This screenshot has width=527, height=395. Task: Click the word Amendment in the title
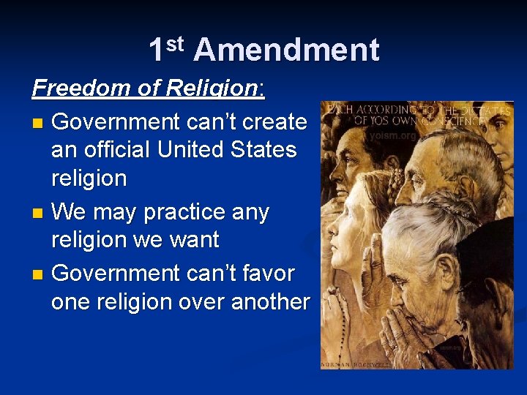point(286,50)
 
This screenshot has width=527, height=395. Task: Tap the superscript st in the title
point(176,43)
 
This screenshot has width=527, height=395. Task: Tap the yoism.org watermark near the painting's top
point(393,135)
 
